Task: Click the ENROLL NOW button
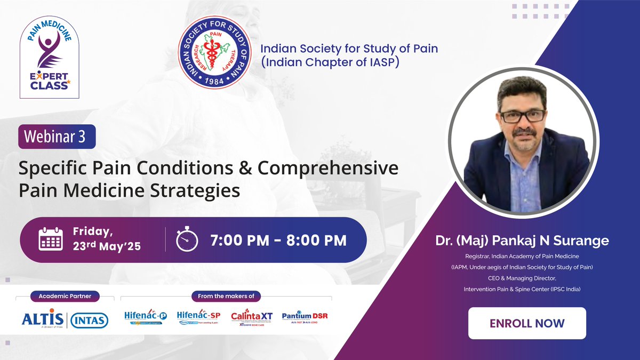[527, 323]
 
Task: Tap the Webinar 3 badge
[57, 137]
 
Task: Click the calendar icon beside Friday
[51, 239]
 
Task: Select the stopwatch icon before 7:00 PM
[187, 239]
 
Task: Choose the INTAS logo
[89, 320]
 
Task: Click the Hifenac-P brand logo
[146, 318]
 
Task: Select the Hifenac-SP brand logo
[198, 318]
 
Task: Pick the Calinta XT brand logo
[252, 318]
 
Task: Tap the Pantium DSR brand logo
[305, 318]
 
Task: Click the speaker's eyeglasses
[522, 115]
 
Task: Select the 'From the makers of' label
[227, 295]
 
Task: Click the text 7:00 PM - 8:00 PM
[278, 240]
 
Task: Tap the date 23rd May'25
[107, 247]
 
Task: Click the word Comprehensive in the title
[328, 168]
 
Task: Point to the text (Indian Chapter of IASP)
[329, 62]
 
